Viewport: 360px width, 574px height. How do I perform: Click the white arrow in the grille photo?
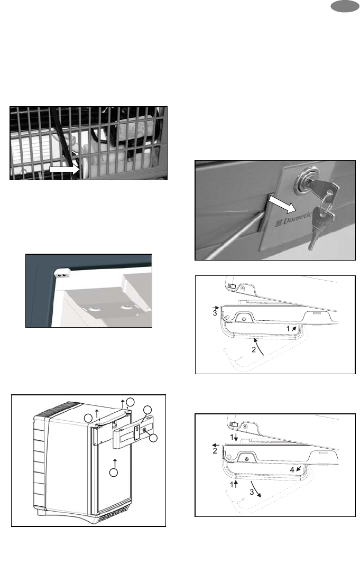[x=64, y=169]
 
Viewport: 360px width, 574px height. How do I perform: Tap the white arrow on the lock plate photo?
[x=282, y=204]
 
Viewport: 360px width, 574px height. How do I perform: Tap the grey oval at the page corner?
[x=345, y=6]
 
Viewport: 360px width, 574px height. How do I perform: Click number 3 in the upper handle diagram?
[x=215, y=313]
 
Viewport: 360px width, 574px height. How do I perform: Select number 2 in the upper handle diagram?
[x=253, y=349]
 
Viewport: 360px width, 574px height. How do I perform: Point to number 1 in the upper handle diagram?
[x=288, y=329]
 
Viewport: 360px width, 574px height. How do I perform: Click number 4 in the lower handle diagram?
[x=292, y=470]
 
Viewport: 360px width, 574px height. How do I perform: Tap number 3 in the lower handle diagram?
[x=252, y=492]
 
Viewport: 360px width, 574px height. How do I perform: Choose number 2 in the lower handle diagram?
[x=215, y=451]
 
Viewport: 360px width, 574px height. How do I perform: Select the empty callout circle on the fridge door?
[x=114, y=472]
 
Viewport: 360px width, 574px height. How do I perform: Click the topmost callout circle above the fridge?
[x=130, y=402]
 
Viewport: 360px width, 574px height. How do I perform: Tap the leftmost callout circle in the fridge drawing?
[x=88, y=418]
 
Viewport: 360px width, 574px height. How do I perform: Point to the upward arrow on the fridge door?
[x=115, y=462]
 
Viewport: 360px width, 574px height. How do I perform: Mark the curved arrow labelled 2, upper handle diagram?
[x=260, y=346]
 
